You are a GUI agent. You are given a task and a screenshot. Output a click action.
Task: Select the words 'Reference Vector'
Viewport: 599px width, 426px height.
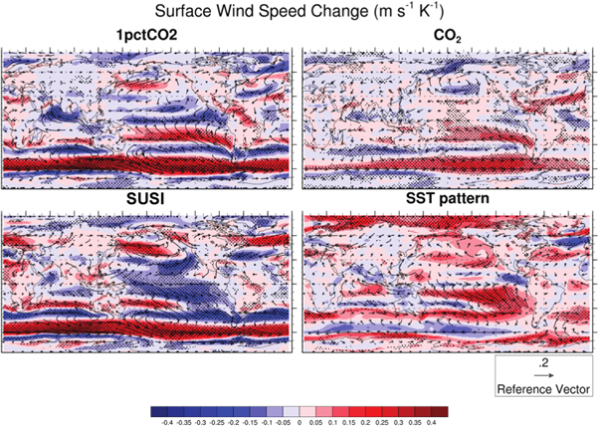(543, 389)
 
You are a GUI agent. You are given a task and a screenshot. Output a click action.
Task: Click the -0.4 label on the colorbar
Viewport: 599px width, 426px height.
(165, 421)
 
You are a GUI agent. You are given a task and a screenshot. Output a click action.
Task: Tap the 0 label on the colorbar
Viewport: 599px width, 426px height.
(299, 421)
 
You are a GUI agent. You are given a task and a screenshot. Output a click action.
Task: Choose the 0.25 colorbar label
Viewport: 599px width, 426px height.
(382, 421)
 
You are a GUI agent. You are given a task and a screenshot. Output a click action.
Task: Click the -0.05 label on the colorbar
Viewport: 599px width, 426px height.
(282, 421)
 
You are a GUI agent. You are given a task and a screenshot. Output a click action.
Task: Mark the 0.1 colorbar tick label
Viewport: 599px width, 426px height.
(332, 421)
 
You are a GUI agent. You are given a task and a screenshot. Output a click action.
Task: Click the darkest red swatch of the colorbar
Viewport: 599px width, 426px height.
(440, 410)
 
